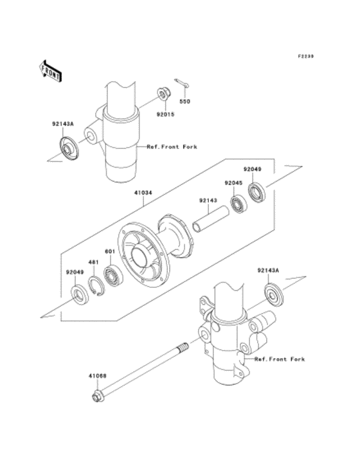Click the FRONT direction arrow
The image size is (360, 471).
pos(50,71)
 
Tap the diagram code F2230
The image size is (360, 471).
pos(305,56)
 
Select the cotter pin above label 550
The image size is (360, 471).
pos(182,83)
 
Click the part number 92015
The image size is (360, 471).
pos(165,114)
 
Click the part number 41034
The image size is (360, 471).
pos(143,193)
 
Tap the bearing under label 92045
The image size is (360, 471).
pos(239,204)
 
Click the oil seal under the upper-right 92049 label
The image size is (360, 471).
pos(257,192)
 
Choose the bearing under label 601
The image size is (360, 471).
pos(114,276)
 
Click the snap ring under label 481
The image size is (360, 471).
pos(96,287)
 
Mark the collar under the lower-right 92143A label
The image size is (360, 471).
pos(274,295)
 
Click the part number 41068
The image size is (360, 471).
pos(97,375)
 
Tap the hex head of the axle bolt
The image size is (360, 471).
pos(97,397)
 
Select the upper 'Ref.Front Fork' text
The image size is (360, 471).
pos(172,147)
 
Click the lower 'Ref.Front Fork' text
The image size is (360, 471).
pos(280,359)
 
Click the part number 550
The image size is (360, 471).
pos(184,102)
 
